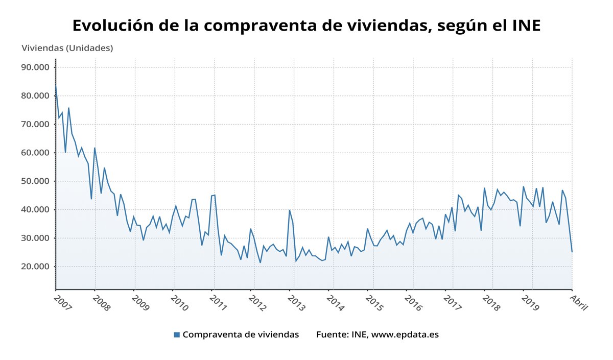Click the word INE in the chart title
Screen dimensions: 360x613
(x=526, y=25)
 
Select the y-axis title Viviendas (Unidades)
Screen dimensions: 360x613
(x=67, y=48)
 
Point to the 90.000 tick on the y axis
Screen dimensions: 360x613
(x=34, y=67)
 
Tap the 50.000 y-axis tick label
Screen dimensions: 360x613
(x=34, y=181)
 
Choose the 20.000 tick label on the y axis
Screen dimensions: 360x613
(x=34, y=267)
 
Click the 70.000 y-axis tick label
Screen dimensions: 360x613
(x=34, y=124)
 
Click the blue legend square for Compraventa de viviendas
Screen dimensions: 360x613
(x=177, y=335)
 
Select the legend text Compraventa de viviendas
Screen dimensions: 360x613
(x=241, y=335)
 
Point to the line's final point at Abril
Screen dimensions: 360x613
(x=572, y=252)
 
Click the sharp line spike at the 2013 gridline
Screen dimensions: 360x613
(x=290, y=210)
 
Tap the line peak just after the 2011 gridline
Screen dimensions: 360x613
(x=215, y=195)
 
